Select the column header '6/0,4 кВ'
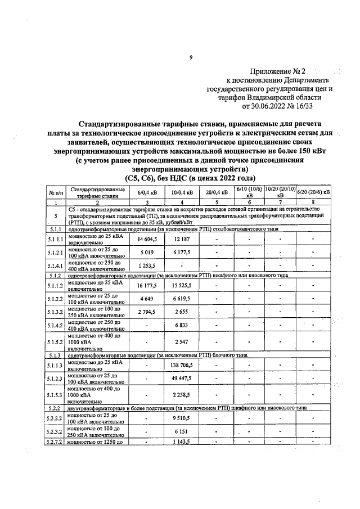[x=147, y=192]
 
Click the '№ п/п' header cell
[x=56, y=192]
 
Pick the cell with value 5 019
[x=147, y=253]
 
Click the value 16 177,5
[x=147, y=286]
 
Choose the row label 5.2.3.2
[x=56, y=431]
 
